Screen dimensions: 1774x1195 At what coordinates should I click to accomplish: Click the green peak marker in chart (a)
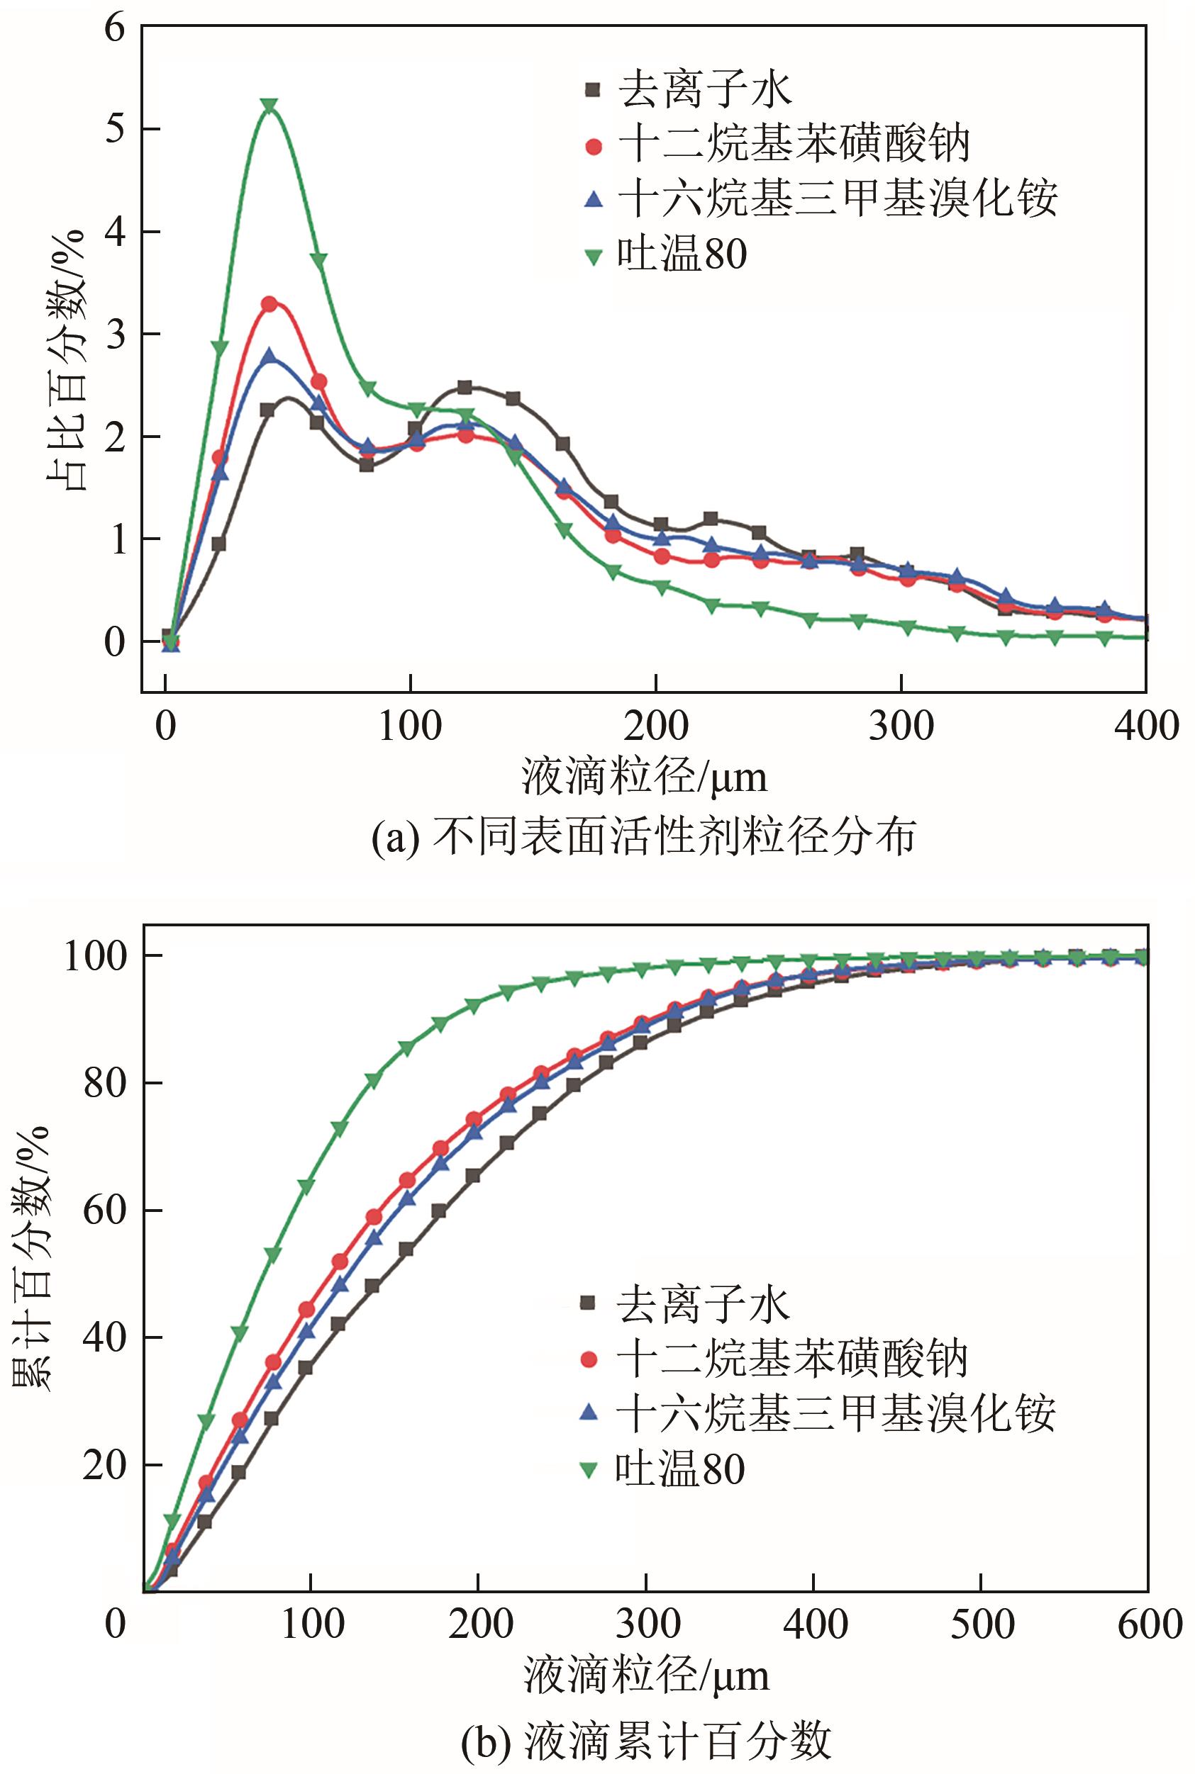(x=268, y=104)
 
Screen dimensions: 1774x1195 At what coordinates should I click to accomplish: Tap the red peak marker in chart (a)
(x=269, y=304)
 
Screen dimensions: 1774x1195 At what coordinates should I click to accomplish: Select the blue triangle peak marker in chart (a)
(x=269, y=356)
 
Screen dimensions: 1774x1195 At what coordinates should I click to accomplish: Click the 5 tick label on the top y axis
(x=114, y=130)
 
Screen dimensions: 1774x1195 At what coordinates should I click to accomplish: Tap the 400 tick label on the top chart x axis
(x=1145, y=726)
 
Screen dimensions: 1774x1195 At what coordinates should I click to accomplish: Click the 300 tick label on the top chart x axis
(x=901, y=726)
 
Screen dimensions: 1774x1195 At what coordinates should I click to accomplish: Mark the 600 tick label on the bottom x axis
(x=1148, y=1624)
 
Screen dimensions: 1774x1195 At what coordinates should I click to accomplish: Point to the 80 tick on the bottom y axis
(x=104, y=1083)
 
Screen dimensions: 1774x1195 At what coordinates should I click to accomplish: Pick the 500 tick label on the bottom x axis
(x=982, y=1624)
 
